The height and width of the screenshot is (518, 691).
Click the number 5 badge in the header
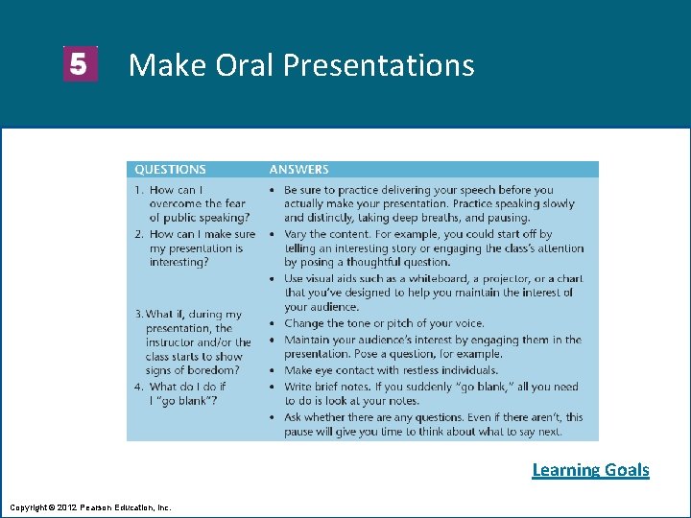[x=80, y=64]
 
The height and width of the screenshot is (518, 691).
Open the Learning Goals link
[x=590, y=469]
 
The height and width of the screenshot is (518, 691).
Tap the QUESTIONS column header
[x=170, y=170]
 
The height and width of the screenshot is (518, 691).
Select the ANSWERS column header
[x=298, y=170]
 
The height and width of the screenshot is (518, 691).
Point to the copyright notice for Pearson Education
[x=90, y=506]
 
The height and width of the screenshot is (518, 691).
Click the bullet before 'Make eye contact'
[x=274, y=370]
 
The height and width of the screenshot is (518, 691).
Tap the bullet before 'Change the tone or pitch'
[x=274, y=324]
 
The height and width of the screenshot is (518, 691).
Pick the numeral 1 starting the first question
[x=138, y=190]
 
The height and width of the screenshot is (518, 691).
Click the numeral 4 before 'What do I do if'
[x=138, y=387]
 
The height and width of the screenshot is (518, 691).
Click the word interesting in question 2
[x=178, y=262]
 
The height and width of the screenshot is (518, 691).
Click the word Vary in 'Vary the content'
[x=296, y=234]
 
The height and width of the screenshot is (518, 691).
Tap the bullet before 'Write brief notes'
[x=274, y=387]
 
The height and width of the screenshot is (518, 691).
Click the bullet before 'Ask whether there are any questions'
[x=274, y=417]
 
